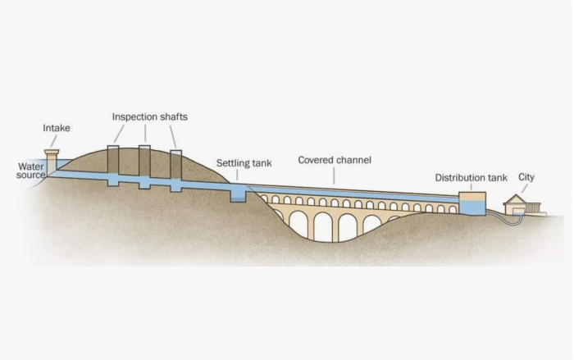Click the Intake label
tap(56, 128)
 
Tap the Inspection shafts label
tap(149, 116)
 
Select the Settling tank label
tap(238, 163)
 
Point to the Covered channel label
tap(334, 160)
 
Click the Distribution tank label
tap(471, 177)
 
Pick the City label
tap(526, 176)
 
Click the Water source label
tap(31, 171)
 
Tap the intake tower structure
tap(52, 162)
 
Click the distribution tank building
tap(472, 203)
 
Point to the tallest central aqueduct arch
tap(322, 226)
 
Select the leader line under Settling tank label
tap(238, 174)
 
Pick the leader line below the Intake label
tap(54, 142)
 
